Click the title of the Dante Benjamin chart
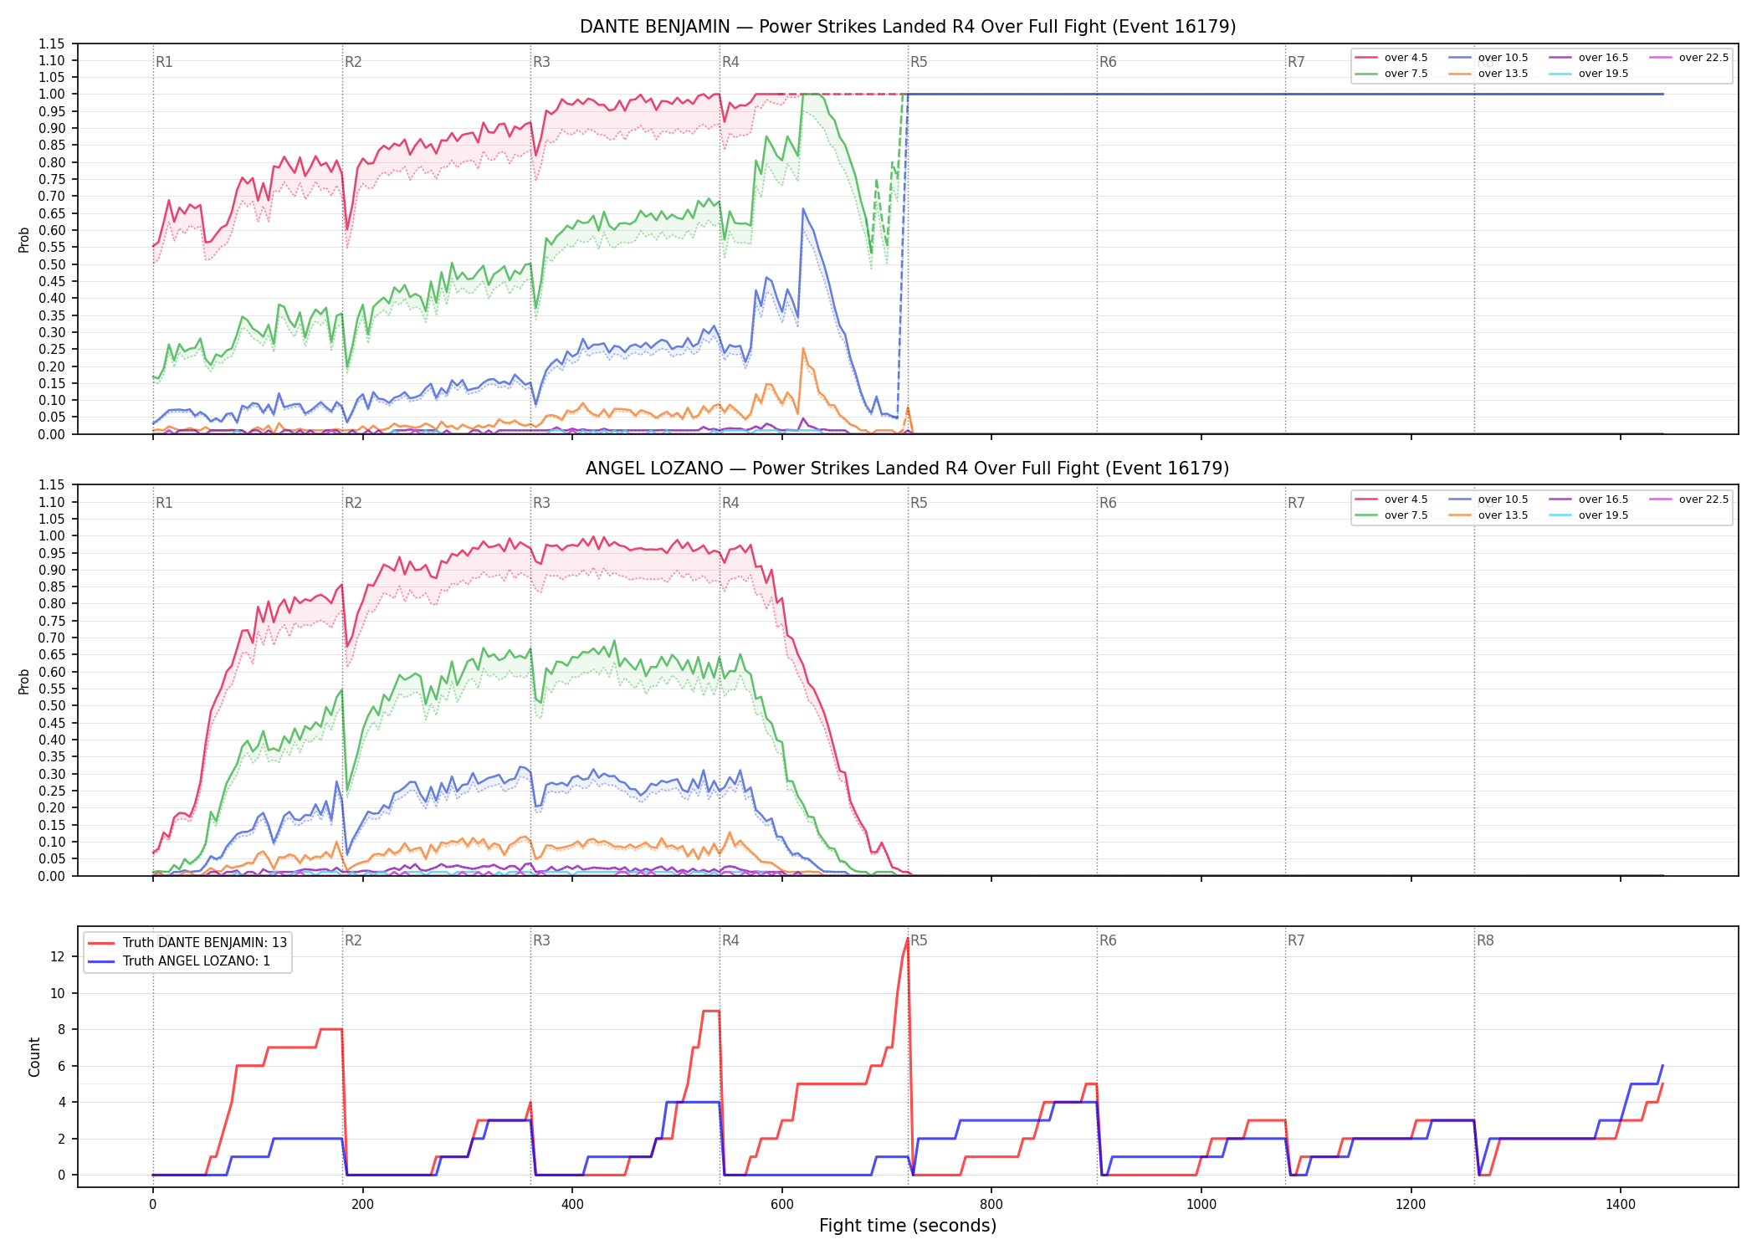[x=908, y=27]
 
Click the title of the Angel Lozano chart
[x=908, y=469]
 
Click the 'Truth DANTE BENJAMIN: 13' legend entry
[x=187, y=943]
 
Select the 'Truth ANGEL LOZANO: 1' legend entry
[x=179, y=961]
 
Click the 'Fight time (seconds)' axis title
[x=908, y=1227]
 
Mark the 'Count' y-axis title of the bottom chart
[x=34, y=1057]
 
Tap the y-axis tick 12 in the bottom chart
[x=58, y=956]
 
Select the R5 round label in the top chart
[x=919, y=62]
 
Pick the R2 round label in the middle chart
[x=353, y=503]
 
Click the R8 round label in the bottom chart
[x=1485, y=940]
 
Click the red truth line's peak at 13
[x=908, y=939]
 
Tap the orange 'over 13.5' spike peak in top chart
[x=803, y=349]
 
